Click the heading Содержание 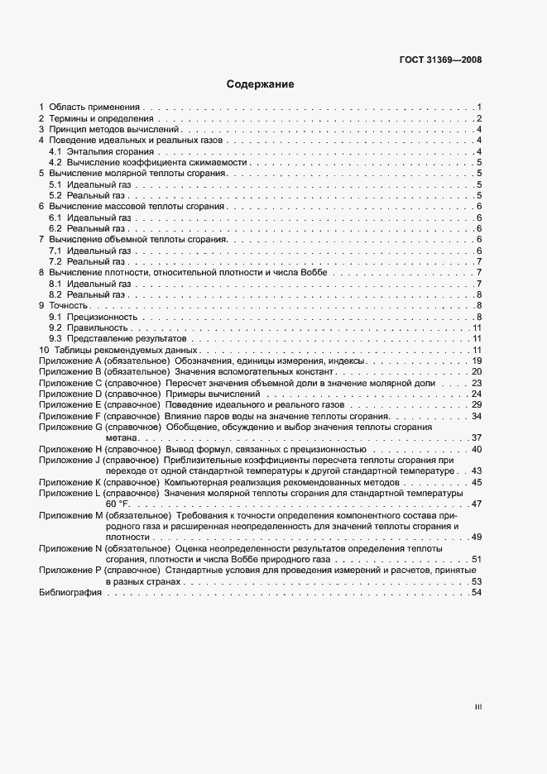pos(260,84)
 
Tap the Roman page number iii pos(477,707)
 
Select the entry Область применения pos(94,107)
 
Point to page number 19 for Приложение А pos(477,361)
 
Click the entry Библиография pos(65,593)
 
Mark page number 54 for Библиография pos(477,593)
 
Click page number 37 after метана pos(477,437)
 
